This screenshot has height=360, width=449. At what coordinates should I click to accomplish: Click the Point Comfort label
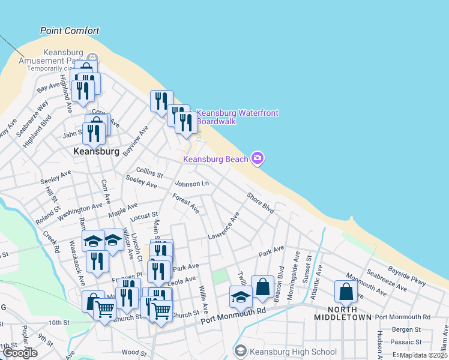pos(70,31)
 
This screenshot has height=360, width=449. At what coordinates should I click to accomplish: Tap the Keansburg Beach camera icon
pos(258,158)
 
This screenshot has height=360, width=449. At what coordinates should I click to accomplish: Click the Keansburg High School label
pos(293,352)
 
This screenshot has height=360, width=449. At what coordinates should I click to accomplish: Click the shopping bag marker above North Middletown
pos(346,292)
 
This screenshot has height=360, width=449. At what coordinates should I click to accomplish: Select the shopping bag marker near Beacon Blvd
pos(262,287)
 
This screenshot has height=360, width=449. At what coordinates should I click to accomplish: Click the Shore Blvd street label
pos(260,202)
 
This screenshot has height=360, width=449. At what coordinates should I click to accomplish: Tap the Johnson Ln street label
pos(191,183)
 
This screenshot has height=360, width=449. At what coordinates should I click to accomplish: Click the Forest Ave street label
pos(185,203)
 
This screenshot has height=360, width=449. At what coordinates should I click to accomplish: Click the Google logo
pos(20,353)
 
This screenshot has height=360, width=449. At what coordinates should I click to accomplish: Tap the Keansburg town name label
pos(95,152)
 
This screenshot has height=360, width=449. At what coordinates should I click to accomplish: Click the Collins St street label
pos(149,173)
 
